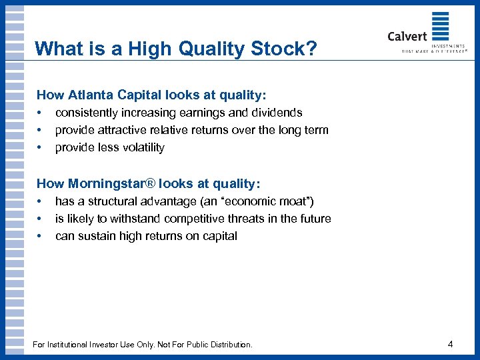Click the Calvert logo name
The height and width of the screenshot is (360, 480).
[x=407, y=36]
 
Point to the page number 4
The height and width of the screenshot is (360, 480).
[x=451, y=345]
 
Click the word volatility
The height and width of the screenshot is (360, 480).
[x=139, y=147]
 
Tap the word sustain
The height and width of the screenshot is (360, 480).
[x=96, y=235]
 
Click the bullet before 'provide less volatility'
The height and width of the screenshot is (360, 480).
[x=40, y=147]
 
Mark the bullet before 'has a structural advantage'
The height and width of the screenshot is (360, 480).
[x=40, y=201]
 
